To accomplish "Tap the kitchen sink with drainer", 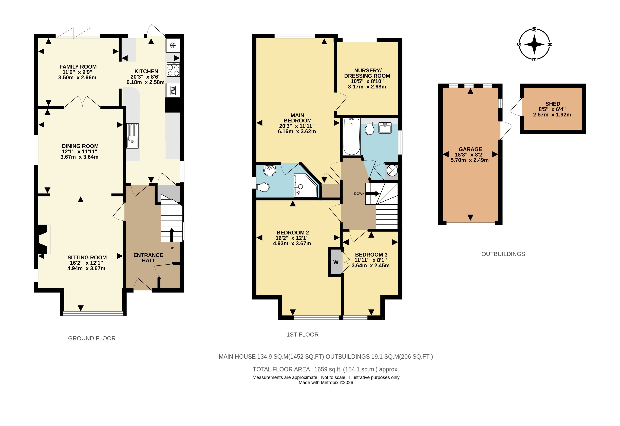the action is (132, 136).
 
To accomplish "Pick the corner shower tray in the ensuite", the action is (306, 185).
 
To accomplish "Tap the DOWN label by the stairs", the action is (359, 193).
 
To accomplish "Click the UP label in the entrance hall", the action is (172, 248).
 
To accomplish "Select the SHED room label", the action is (553, 104).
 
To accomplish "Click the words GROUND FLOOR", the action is (92, 338).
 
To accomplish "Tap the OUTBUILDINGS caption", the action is (503, 254).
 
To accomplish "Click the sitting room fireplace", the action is (43, 239).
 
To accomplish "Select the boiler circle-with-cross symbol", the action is (392, 171).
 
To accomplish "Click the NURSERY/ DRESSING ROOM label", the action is (367, 73).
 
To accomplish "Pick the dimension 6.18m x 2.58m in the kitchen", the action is (145, 82).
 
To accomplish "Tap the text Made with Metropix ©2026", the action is (326, 382).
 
